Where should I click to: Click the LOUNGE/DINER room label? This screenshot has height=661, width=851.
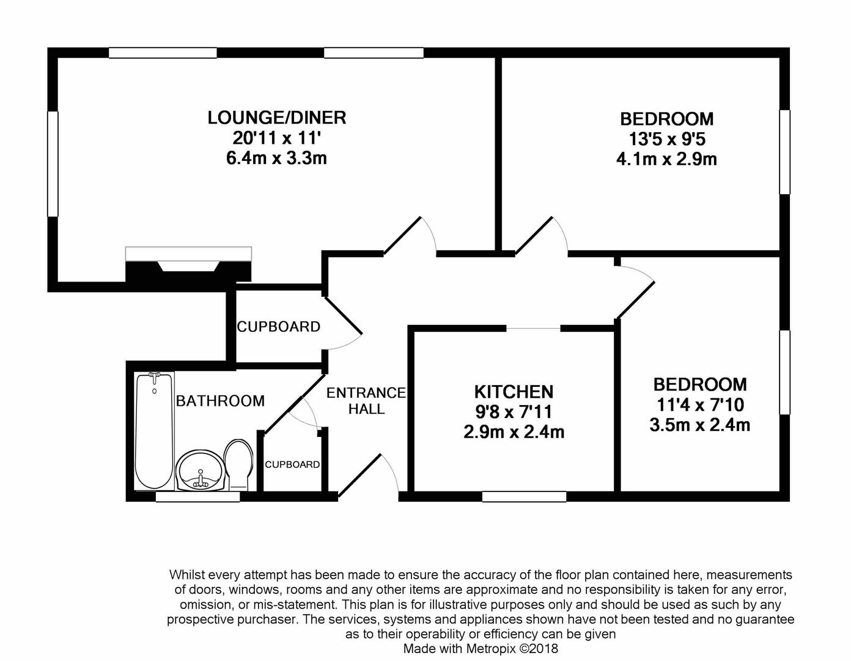pyautogui.click(x=277, y=118)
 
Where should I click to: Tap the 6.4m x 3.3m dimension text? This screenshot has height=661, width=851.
pyautogui.click(x=277, y=158)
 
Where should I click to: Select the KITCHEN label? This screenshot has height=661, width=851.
pyautogui.click(x=514, y=392)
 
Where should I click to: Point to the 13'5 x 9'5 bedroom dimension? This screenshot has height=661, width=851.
pyautogui.click(x=666, y=139)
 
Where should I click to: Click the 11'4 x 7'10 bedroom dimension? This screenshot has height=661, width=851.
pyautogui.click(x=700, y=405)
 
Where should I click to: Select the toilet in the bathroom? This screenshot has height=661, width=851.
pyautogui.click(x=238, y=464)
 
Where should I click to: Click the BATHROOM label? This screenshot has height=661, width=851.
pyautogui.click(x=220, y=401)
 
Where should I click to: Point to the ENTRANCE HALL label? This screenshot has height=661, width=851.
pyautogui.click(x=366, y=401)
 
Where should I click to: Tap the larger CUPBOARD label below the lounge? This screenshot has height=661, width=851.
pyautogui.click(x=279, y=327)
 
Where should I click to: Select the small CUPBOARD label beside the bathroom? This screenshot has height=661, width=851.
pyautogui.click(x=292, y=465)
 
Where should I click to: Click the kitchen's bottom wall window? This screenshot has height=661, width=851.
pyautogui.click(x=524, y=497)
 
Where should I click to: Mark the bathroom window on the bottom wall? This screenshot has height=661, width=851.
pyautogui.click(x=197, y=498)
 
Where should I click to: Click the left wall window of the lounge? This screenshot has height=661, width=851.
pyautogui.click(x=53, y=163)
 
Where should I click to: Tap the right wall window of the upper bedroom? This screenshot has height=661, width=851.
pyautogui.click(x=784, y=152)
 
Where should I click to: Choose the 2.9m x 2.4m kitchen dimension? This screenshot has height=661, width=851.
pyautogui.click(x=514, y=432)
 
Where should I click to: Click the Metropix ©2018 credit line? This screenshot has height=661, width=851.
pyautogui.click(x=481, y=649)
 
